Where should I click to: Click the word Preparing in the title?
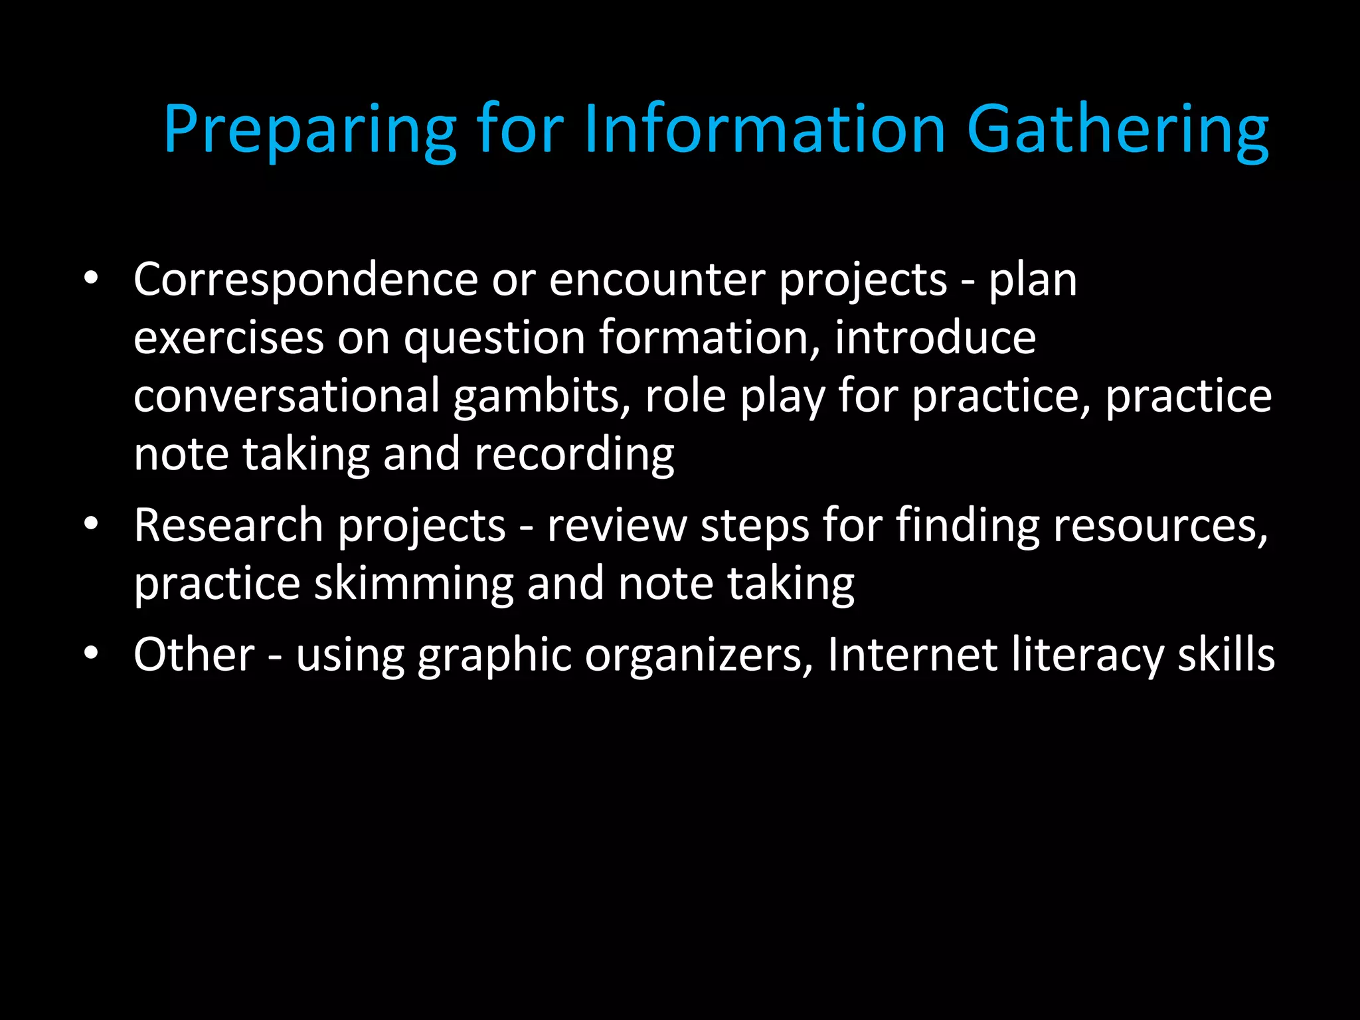tap(309, 130)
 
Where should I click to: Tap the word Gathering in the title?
tap(1118, 130)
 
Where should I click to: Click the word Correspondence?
tap(305, 281)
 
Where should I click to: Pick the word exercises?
tap(228, 338)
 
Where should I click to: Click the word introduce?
tap(935, 338)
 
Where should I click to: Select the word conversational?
tap(287, 396)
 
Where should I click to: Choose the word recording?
tap(574, 456)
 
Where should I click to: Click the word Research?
tap(228, 526)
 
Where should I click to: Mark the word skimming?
tap(414, 584)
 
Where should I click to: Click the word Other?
tap(194, 655)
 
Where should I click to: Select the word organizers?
tap(699, 656)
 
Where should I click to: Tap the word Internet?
tap(912, 655)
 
